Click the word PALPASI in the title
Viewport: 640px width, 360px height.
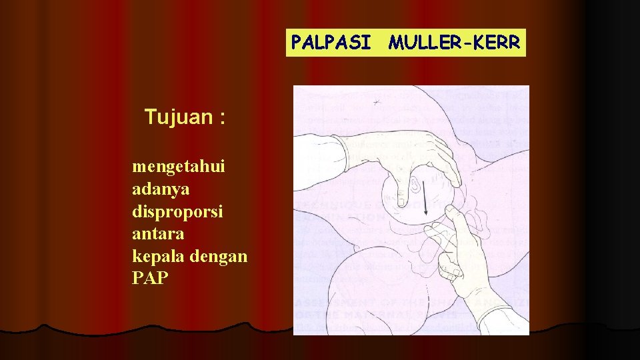point(331,43)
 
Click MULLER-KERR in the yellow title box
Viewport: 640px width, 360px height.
point(455,43)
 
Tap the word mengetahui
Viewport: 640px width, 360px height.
point(179,166)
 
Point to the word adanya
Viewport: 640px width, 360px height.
point(161,189)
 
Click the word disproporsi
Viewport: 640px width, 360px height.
point(177,211)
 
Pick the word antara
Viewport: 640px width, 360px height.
point(158,234)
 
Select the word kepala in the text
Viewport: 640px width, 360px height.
point(154,257)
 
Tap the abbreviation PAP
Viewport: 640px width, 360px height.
point(151,278)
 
